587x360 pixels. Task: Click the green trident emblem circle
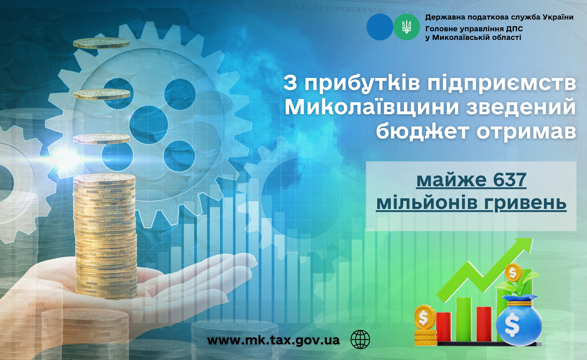[407, 27]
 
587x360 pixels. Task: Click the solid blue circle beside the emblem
[380, 27]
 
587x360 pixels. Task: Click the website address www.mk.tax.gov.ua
[273, 340]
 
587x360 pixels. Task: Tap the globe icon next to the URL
[360, 339]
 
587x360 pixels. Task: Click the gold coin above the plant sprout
[513, 273]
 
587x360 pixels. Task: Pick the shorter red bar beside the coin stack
[443, 326]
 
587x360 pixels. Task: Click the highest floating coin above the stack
[102, 43]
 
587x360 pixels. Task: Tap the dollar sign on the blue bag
[512, 325]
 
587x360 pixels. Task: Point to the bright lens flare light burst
[67, 157]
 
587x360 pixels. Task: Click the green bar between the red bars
[464, 319]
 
